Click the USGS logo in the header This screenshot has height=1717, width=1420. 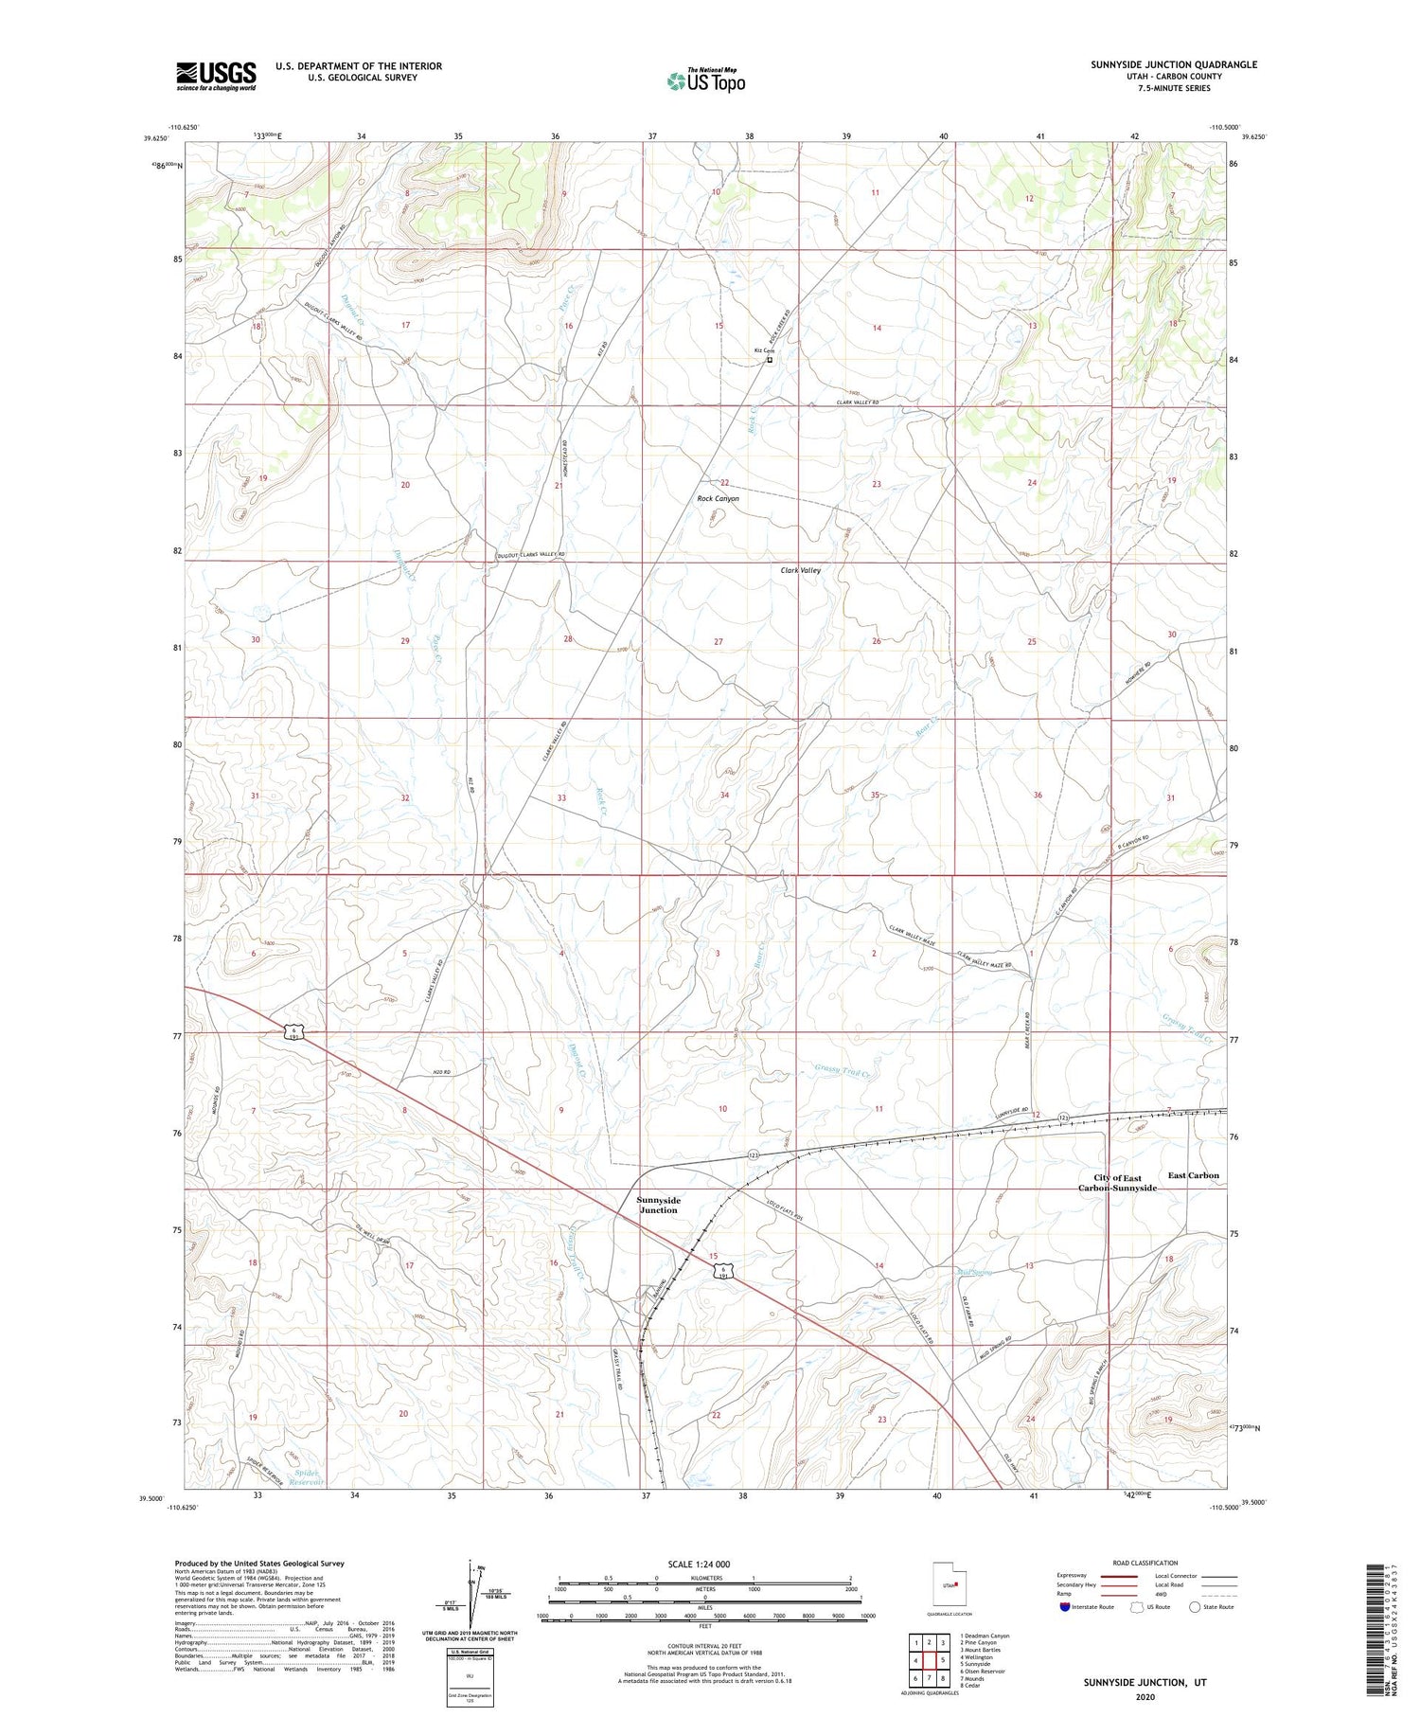pyautogui.click(x=216, y=76)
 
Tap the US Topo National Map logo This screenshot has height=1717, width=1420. pyautogui.click(x=705, y=80)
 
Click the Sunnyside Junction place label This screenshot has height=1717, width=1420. pyautogui.click(x=658, y=1205)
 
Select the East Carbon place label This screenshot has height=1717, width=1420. pyautogui.click(x=1193, y=1175)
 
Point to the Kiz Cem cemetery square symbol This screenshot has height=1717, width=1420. pyautogui.click(x=770, y=360)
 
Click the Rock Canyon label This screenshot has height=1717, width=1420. pyautogui.click(x=718, y=498)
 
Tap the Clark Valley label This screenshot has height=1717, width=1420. pyautogui.click(x=800, y=570)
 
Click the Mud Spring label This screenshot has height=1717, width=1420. pyautogui.click(x=974, y=1272)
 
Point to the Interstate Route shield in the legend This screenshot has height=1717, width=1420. pyautogui.click(x=1066, y=1607)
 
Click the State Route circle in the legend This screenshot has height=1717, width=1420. pyautogui.click(x=1195, y=1607)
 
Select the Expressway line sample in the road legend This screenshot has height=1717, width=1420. pyautogui.click(x=1125, y=1577)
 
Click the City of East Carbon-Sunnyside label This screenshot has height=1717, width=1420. pyautogui.click(x=1118, y=1183)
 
